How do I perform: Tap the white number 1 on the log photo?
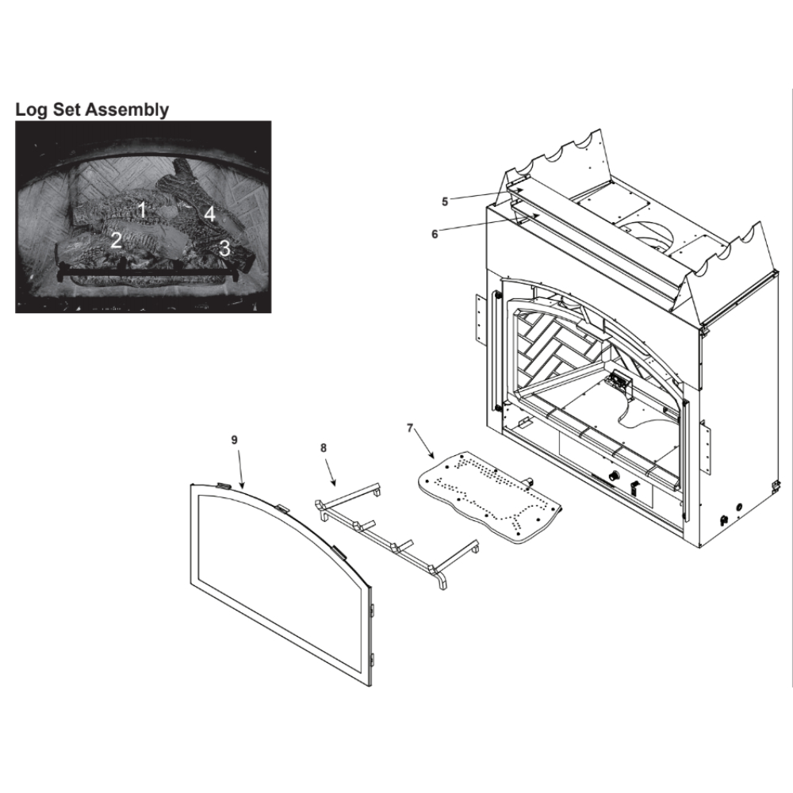(x=143, y=209)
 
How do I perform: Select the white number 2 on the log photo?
(x=117, y=240)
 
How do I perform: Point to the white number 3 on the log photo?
(x=224, y=248)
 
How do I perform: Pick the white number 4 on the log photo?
(x=209, y=214)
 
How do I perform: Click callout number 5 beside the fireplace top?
(x=445, y=201)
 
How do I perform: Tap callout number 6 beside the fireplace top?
(x=435, y=235)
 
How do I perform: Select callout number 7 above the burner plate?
(x=410, y=428)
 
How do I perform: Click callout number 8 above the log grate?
(x=324, y=447)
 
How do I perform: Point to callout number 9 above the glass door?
(x=234, y=440)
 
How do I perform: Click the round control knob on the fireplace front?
(x=615, y=475)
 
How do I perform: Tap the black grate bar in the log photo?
(x=146, y=272)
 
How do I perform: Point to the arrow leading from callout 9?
(x=239, y=469)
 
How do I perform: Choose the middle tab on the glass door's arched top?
(x=283, y=508)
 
